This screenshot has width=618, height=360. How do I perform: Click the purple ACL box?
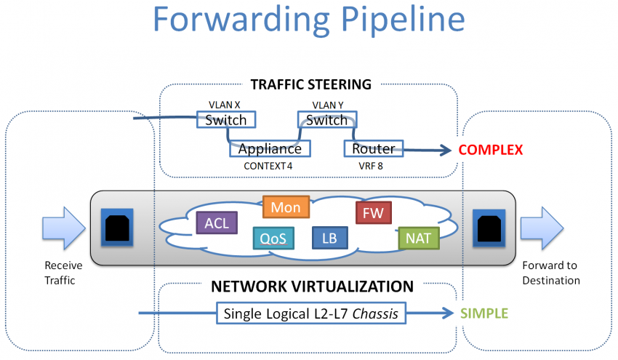[x=217, y=223]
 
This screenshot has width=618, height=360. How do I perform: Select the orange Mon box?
[x=286, y=207]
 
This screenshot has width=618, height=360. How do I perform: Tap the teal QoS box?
[x=273, y=238]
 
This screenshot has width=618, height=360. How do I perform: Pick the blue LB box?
[x=329, y=238]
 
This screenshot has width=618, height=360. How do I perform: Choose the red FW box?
[x=374, y=213]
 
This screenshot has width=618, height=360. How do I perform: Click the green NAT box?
[x=419, y=238]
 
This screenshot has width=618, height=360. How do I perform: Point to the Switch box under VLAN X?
[x=226, y=119]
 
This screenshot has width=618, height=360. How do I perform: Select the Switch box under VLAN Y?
[x=326, y=119]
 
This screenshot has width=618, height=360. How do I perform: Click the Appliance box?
[x=270, y=148]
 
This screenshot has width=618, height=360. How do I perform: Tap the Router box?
[x=373, y=148]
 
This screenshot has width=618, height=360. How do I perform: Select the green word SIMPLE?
[x=483, y=313]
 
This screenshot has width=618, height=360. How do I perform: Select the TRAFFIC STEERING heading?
[x=310, y=84]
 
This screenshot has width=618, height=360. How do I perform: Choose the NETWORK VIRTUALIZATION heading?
[x=312, y=286]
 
